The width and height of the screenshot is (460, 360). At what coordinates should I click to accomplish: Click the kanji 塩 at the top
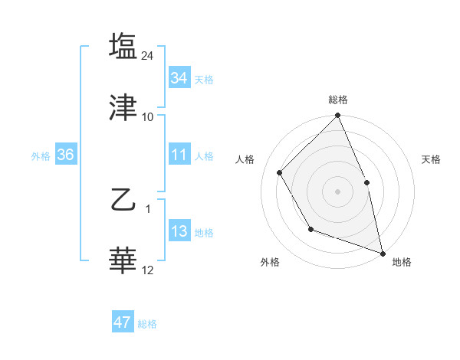coord(123,46)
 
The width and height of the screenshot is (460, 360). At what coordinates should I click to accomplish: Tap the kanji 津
coord(123,108)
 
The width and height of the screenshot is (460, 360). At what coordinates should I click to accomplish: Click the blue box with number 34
coord(179,78)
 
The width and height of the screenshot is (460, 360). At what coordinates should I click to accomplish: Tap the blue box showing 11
coord(179,155)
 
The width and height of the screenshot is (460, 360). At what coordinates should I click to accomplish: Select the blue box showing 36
coord(65,155)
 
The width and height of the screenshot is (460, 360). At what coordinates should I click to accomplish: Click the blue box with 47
coord(123,322)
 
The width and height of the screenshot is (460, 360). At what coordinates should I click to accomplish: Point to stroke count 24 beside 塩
coord(149,55)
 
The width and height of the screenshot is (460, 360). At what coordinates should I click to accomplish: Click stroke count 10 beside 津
coord(148,116)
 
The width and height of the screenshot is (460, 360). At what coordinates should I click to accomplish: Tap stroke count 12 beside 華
coord(148,270)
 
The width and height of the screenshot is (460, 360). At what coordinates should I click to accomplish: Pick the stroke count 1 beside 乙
coord(148,209)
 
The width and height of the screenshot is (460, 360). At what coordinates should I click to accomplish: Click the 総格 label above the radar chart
coord(337,100)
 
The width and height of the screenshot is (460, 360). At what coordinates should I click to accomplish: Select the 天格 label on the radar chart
coord(432,159)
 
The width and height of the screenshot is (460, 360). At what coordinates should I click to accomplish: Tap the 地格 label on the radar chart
coord(402,262)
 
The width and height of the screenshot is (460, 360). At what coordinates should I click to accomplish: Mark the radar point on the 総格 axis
coord(337,116)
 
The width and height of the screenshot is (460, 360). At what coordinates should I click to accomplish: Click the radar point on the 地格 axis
coord(383,253)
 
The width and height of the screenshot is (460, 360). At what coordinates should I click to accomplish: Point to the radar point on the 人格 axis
coord(280,172)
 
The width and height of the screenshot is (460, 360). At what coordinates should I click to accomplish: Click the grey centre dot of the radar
coord(337,191)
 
